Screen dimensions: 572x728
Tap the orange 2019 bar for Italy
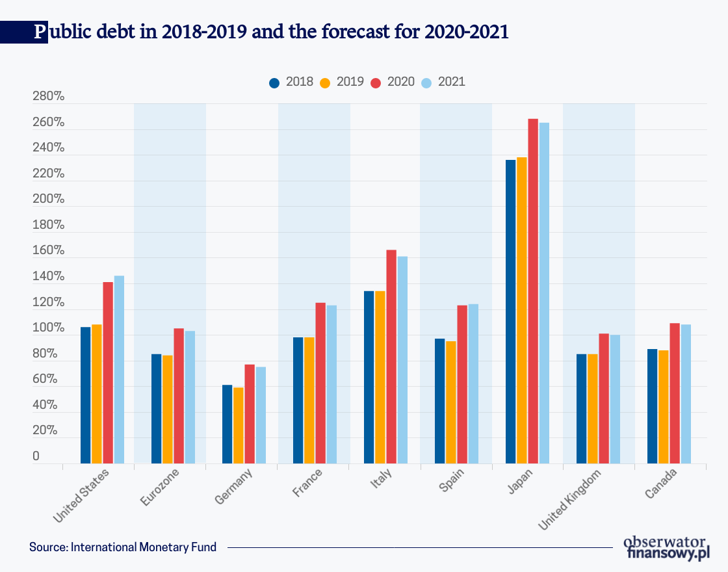click(x=380, y=377)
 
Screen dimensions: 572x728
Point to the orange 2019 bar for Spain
click(x=451, y=402)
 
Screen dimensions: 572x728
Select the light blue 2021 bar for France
click(x=331, y=384)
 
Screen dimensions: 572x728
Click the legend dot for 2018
click(x=274, y=83)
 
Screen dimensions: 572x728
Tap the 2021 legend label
click(x=452, y=82)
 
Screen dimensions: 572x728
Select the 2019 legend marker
click(x=326, y=83)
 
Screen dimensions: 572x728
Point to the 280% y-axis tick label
click(x=48, y=97)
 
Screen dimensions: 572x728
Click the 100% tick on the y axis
click(x=48, y=329)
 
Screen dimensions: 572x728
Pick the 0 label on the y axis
click(x=36, y=457)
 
